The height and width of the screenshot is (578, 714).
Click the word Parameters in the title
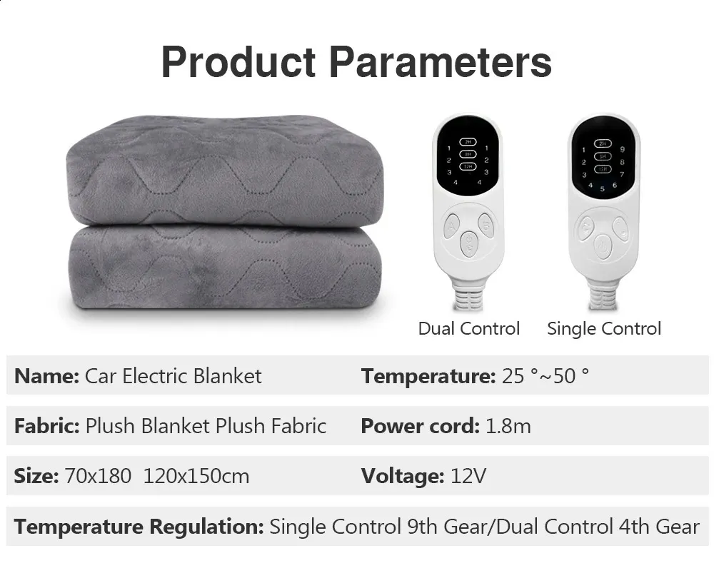point(440,63)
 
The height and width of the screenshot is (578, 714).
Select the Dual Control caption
point(468,329)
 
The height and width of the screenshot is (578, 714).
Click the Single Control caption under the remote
point(604,329)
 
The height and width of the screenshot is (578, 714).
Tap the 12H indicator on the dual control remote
point(468,166)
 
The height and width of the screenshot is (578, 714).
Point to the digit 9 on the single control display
point(623,150)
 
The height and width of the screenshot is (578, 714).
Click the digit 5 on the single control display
point(602,189)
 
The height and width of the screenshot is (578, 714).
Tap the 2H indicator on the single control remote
point(603,143)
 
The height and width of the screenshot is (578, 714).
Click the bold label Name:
point(46,376)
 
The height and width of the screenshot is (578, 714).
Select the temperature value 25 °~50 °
point(545,376)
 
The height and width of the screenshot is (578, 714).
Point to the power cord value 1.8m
point(508,427)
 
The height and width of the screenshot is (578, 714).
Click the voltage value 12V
point(468,476)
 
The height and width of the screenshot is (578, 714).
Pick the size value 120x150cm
point(196,476)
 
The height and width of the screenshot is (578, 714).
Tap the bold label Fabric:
point(47,427)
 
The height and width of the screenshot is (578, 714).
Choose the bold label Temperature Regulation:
point(139,527)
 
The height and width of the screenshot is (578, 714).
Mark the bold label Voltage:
point(403,476)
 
